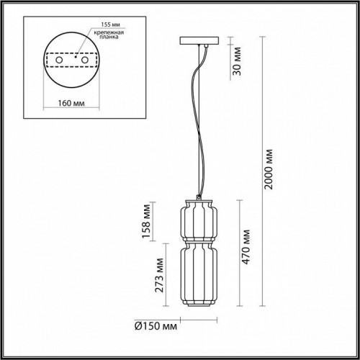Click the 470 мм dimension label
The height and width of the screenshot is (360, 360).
(x=245, y=248)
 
